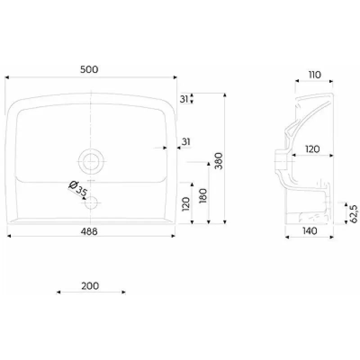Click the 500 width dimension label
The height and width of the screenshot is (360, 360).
89,69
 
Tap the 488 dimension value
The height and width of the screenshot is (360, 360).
89,231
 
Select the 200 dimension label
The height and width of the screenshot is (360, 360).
90,286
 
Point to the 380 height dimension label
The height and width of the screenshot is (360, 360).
219,161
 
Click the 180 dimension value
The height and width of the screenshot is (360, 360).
203,196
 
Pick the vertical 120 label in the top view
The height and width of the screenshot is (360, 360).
186,204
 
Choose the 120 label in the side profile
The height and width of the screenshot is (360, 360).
312,149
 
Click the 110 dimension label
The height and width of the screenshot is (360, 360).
315,75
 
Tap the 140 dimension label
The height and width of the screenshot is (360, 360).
310,231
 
